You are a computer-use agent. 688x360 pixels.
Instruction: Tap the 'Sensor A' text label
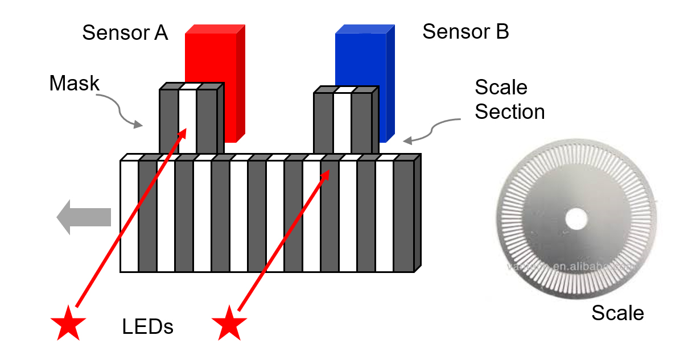[125, 32]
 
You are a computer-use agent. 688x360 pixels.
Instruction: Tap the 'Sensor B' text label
[465, 32]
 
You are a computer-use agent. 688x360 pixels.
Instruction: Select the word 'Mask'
[74, 84]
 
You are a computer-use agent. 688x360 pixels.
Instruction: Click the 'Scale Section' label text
[509, 100]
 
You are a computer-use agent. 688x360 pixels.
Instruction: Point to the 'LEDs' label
[147, 327]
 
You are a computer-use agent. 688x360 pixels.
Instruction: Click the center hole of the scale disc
[576, 218]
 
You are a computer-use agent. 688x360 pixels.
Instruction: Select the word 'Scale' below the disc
[617, 313]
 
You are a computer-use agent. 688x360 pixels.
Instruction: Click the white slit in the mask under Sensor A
[188, 122]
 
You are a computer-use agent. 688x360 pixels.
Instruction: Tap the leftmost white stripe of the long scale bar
[129, 216]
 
